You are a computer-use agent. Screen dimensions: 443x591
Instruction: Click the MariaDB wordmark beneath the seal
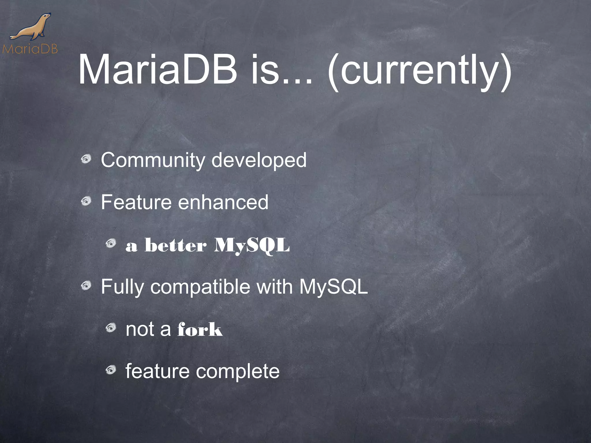(30, 49)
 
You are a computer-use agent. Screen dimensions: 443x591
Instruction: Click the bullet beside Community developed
(86, 159)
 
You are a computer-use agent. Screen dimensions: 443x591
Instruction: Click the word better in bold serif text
(175, 246)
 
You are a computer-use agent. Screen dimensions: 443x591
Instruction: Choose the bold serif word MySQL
(252, 246)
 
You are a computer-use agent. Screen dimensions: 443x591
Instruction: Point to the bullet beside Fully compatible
(86, 286)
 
